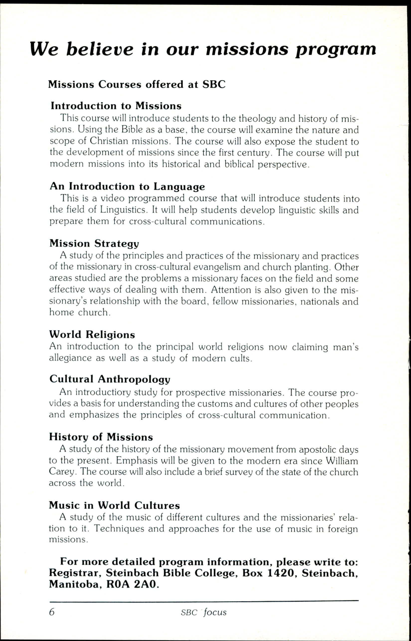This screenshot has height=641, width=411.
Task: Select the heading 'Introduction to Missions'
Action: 116,106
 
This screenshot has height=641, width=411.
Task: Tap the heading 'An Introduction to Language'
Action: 127,186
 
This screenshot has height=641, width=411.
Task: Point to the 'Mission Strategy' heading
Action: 94,243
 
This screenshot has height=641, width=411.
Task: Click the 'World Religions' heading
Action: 92,334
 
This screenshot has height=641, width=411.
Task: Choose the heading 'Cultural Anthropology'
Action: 110,379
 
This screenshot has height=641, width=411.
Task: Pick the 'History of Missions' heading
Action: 101,437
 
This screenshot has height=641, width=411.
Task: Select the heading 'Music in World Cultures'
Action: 114,505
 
